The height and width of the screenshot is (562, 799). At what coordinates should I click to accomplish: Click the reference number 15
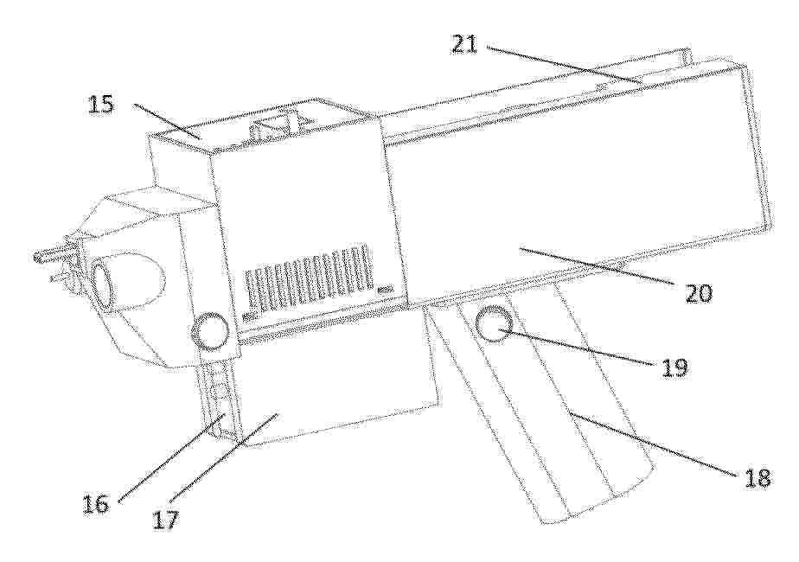tap(101, 105)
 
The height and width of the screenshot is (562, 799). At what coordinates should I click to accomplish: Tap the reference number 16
tap(96, 503)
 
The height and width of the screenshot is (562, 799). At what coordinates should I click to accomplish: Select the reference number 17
tap(165, 520)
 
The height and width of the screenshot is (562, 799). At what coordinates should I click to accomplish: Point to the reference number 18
tap(757, 478)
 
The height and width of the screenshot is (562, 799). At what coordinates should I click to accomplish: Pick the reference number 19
tap(674, 367)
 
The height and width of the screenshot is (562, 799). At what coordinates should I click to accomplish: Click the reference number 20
tap(699, 293)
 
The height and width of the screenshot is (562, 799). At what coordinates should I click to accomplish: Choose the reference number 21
tap(463, 44)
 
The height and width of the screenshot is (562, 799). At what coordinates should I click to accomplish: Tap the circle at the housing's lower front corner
tap(209, 330)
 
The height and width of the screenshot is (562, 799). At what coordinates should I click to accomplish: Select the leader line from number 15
tap(167, 121)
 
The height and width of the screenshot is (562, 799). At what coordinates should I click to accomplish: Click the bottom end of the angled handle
tap(596, 500)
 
